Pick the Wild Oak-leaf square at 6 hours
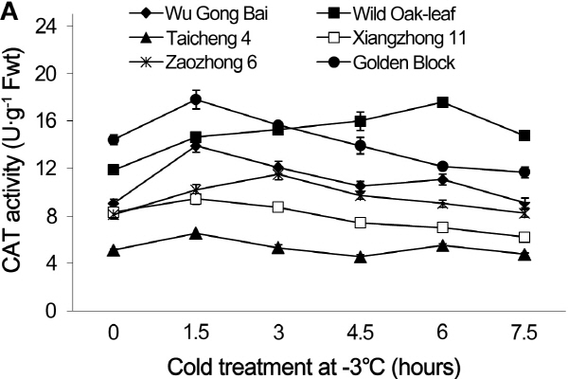coord(442,102)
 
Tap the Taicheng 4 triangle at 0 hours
coord(114,251)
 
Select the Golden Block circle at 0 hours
coord(114,140)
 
